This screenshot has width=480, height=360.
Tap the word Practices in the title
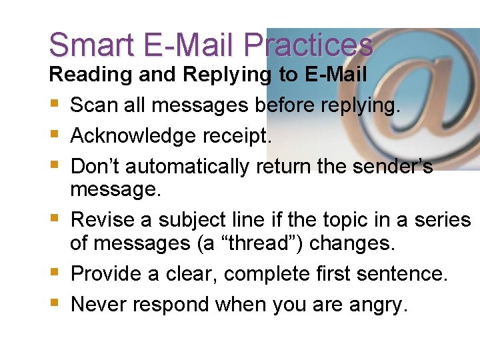308,45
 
